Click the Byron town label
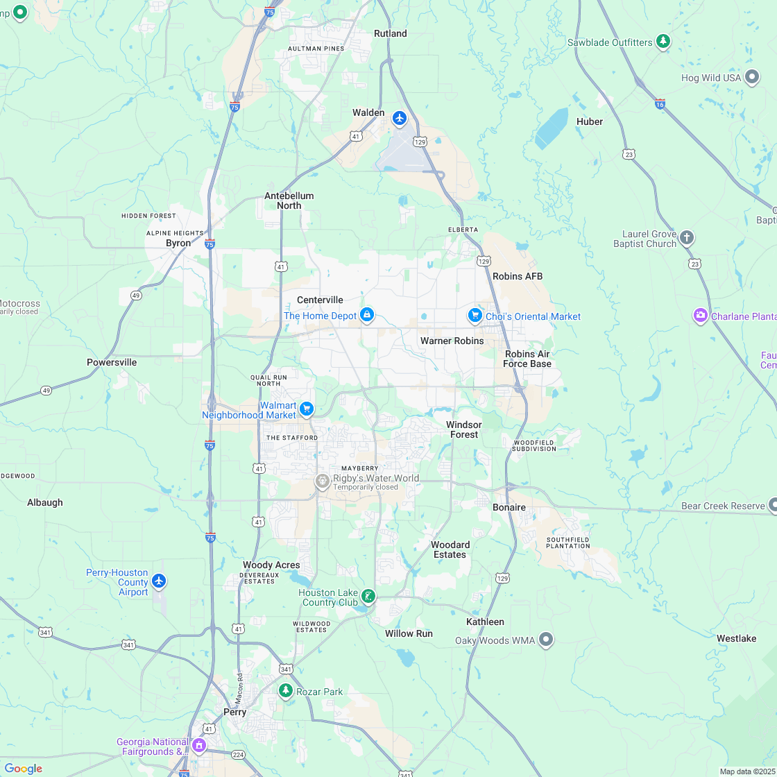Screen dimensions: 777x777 (178, 244)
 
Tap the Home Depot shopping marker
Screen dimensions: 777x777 (367, 316)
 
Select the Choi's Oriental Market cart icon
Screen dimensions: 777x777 (475, 316)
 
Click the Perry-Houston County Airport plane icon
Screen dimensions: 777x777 (160, 581)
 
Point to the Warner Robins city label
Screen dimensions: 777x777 (452, 341)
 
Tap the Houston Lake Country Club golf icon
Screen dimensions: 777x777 (368, 595)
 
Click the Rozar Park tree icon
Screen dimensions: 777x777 (285, 690)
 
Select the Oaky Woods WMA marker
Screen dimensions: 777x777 (546, 639)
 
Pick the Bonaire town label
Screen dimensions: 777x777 (509, 507)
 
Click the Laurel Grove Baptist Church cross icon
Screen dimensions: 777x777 (686, 237)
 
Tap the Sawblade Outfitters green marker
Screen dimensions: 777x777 (663, 42)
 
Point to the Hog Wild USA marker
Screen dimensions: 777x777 (752, 77)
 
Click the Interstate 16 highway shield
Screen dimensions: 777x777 (660, 103)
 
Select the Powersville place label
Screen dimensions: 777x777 (112, 362)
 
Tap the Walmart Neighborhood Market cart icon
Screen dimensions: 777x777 (307, 409)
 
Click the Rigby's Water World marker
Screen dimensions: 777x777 (322, 481)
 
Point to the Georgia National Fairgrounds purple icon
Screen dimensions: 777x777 (199, 745)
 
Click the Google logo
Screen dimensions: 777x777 (23, 768)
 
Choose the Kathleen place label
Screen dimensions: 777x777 (485, 622)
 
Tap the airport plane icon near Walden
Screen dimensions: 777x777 (399, 118)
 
